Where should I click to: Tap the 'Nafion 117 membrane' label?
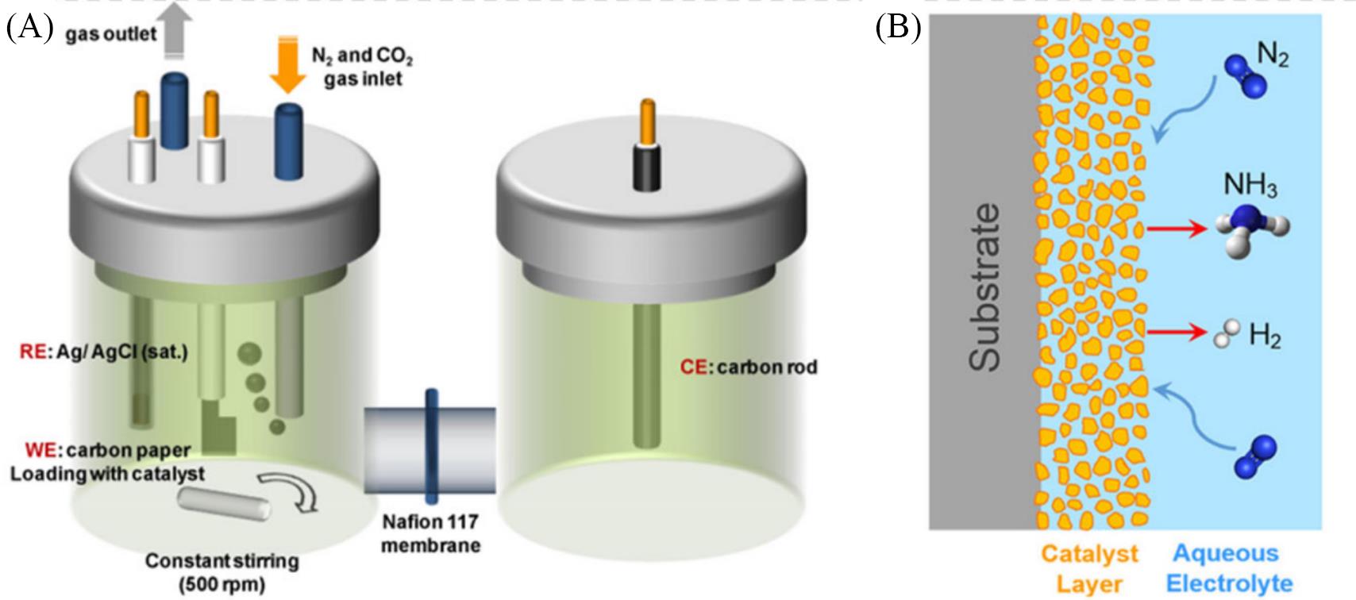[430, 533]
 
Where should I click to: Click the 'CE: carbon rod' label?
[748, 367]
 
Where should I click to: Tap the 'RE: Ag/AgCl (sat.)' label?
[103, 352]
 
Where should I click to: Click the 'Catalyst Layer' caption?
[1089, 568]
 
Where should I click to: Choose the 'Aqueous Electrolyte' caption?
[1226, 568]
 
